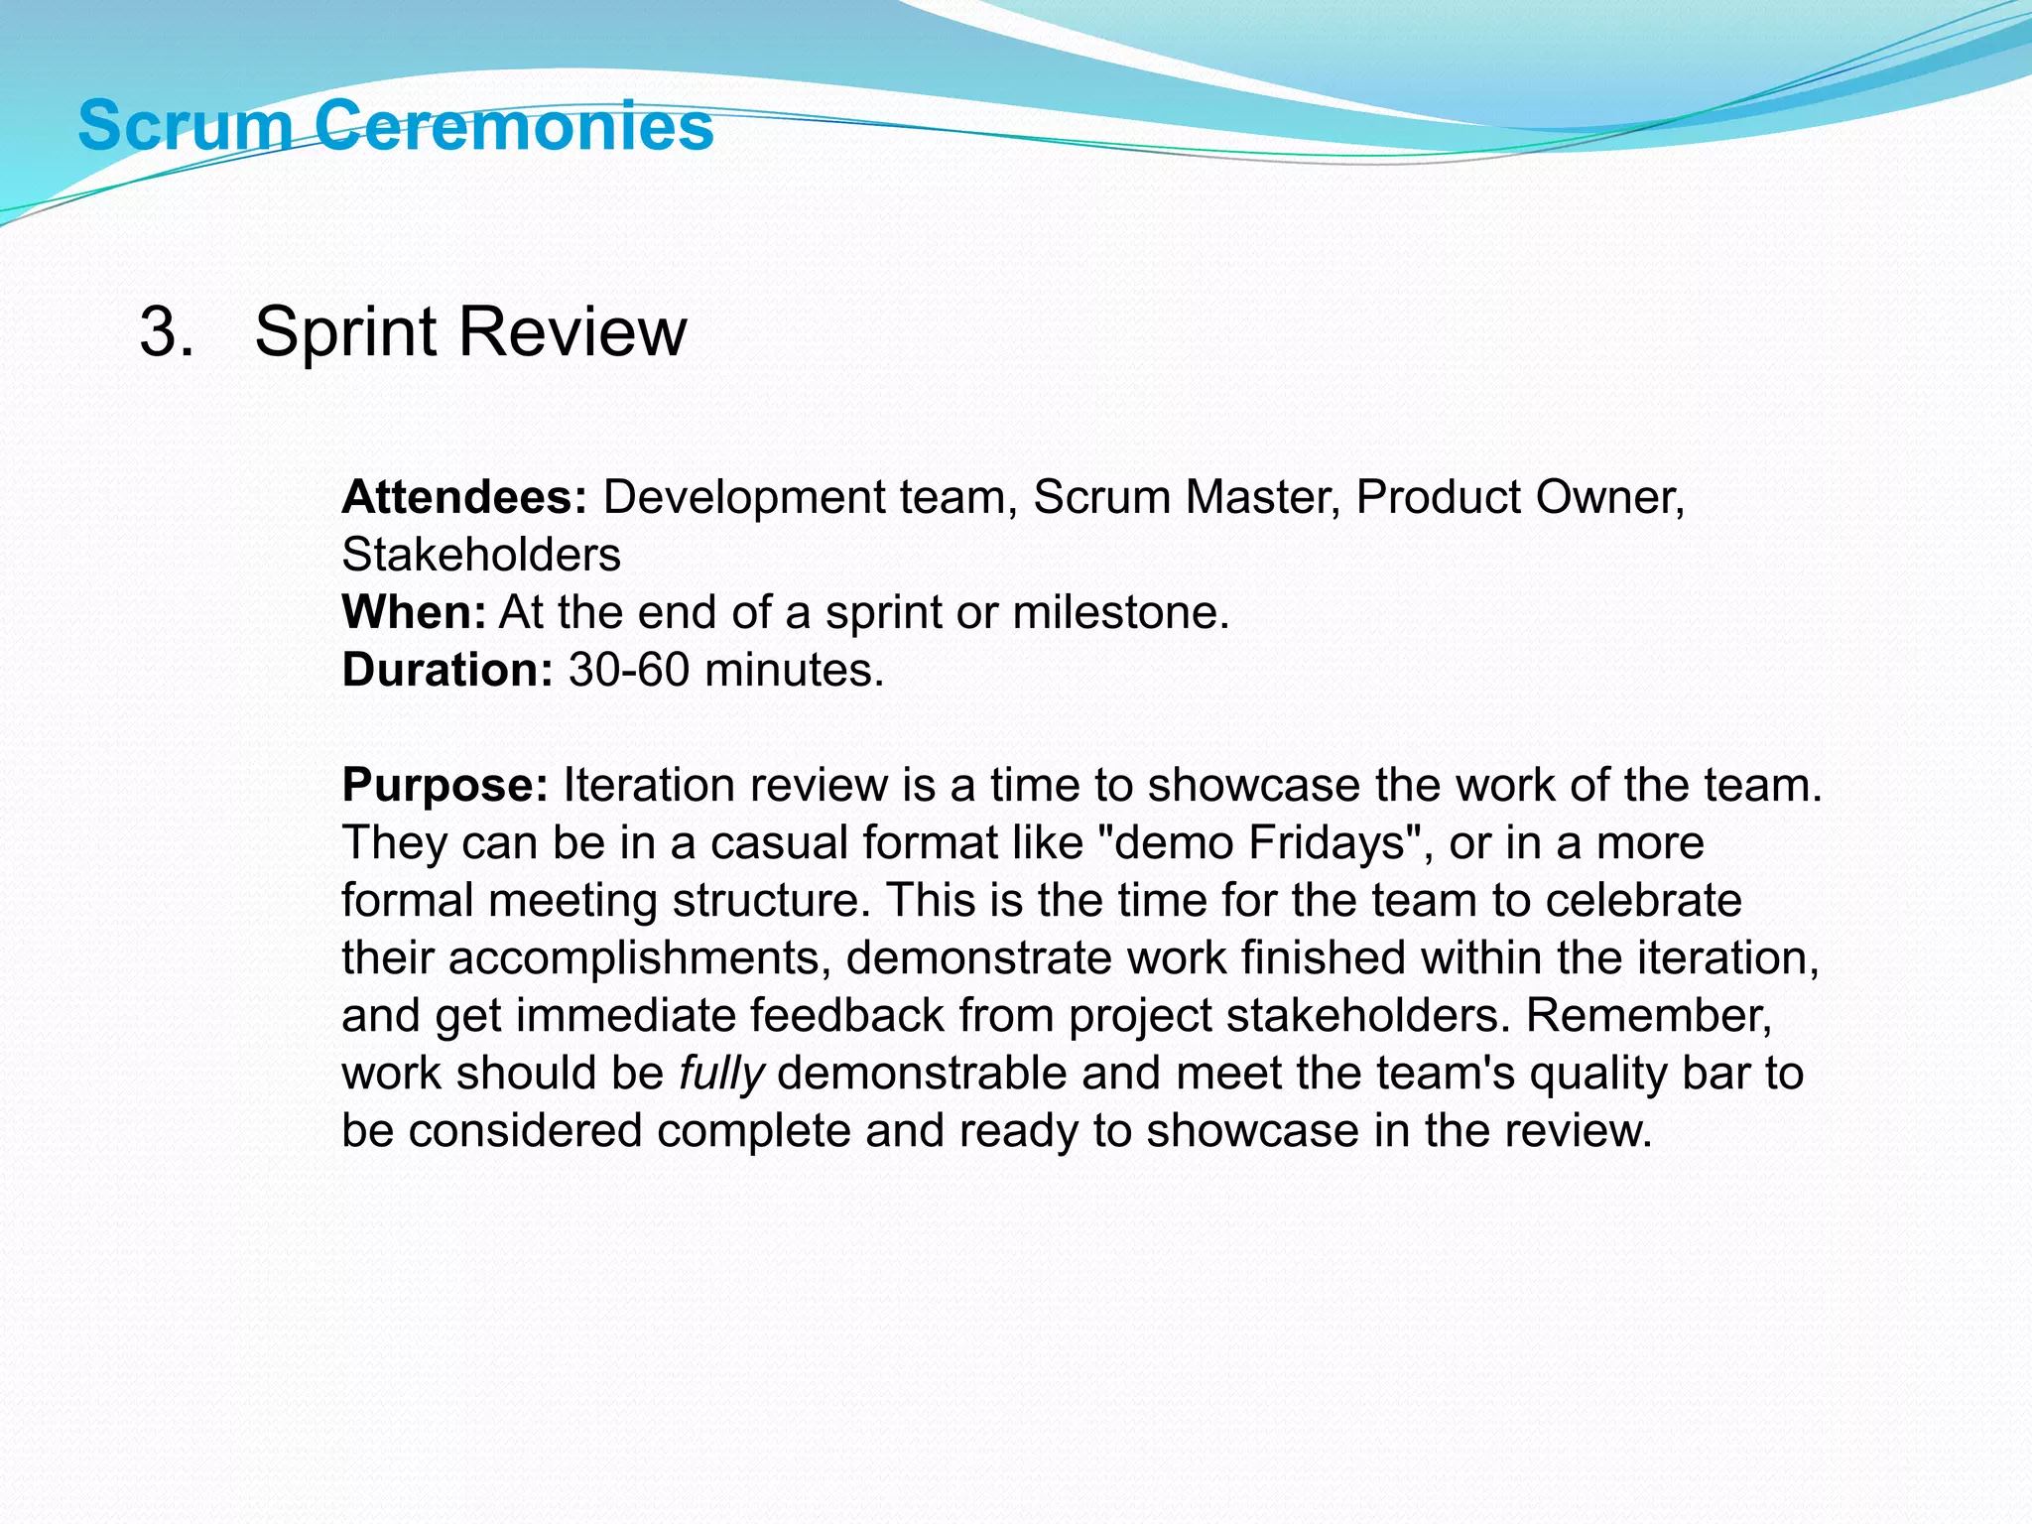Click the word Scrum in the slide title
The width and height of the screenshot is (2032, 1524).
pyautogui.click(x=185, y=126)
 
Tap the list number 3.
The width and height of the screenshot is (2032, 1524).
pyautogui.click(x=165, y=331)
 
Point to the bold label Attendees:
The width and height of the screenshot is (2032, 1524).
pyautogui.click(x=464, y=497)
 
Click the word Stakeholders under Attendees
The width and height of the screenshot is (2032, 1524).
pyautogui.click(x=481, y=555)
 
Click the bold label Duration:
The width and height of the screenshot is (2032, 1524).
pyautogui.click(x=447, y=670)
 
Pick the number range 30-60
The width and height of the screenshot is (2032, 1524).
pyautogui.click(x=628, y=670)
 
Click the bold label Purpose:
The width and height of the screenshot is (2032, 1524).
pyautogui.click(x=444, y=785)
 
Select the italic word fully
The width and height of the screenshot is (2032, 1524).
pyautogui.click(x=721, y=1074)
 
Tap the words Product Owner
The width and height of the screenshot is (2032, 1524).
pyautogui.click(x=1518, y=497)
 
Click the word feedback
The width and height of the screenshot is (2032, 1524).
pyautogui.click(x=846, y=1016)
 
